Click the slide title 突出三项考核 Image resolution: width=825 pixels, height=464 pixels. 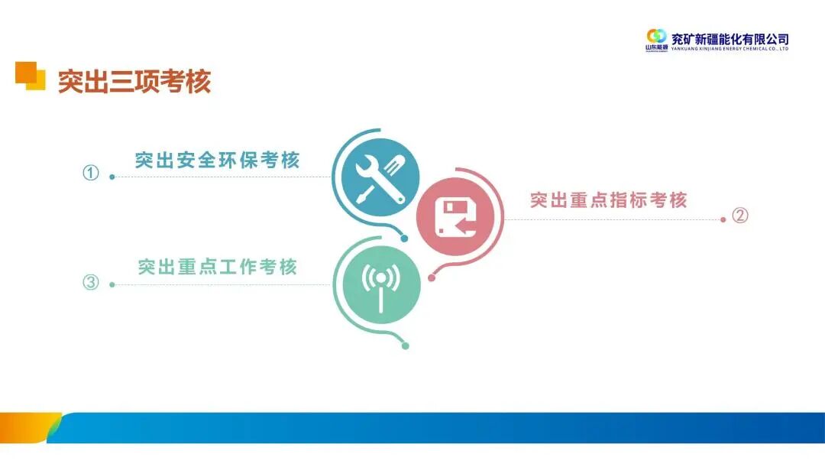(x=134, y=81)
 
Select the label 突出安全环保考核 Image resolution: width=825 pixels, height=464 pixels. (x=218, y=161)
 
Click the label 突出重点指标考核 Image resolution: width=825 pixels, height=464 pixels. (x=609, y=200)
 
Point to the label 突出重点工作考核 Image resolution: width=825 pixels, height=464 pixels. (x=218, y=267)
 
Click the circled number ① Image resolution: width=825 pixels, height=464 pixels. (x=91, y=174)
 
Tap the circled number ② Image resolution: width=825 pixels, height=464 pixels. (x=739, y=216)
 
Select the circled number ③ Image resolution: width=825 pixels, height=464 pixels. (x=91, y=283)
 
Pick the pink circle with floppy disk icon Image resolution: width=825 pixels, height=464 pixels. (x=455, y=217)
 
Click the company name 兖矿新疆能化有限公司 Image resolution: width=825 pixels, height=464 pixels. (x=729, y=38)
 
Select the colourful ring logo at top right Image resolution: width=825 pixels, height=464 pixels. (x=656, y=36)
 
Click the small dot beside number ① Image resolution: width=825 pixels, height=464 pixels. (x=112, y=177)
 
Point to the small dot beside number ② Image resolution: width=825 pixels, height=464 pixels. (x=723, y=219)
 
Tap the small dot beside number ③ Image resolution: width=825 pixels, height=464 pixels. (x=112, y=284)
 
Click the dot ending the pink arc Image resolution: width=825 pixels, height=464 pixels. (x=431, y=278)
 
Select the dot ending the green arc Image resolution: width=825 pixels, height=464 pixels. (x=405, y=346)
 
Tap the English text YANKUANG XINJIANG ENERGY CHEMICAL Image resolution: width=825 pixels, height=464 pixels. (x=729, y=49)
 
